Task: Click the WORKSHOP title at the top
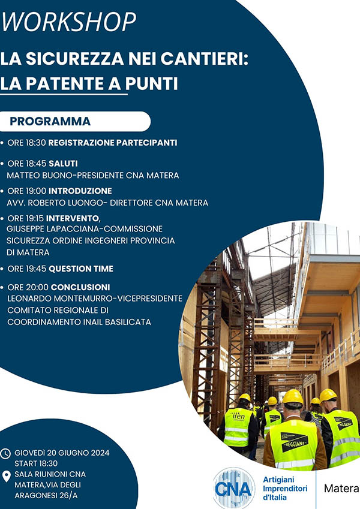[x=68, y=22]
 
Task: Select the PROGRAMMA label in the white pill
[x=50, y=122]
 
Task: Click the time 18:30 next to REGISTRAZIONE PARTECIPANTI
[x=36, y=143]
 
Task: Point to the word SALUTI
[x=63, y=163]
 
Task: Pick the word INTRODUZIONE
[x=80, y=191]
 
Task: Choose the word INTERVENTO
[x=73, y=218]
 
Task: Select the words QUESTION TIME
[x=81, y=269]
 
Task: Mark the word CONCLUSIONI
[x=80, y=287]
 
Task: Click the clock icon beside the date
[x=5, y=453]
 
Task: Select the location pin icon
[x=6, y=476]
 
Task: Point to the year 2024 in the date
[x=100, y=453]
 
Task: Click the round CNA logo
[x=233, y=488]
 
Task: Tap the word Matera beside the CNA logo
[x=341, y=488]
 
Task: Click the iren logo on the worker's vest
[x=238, y=416]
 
